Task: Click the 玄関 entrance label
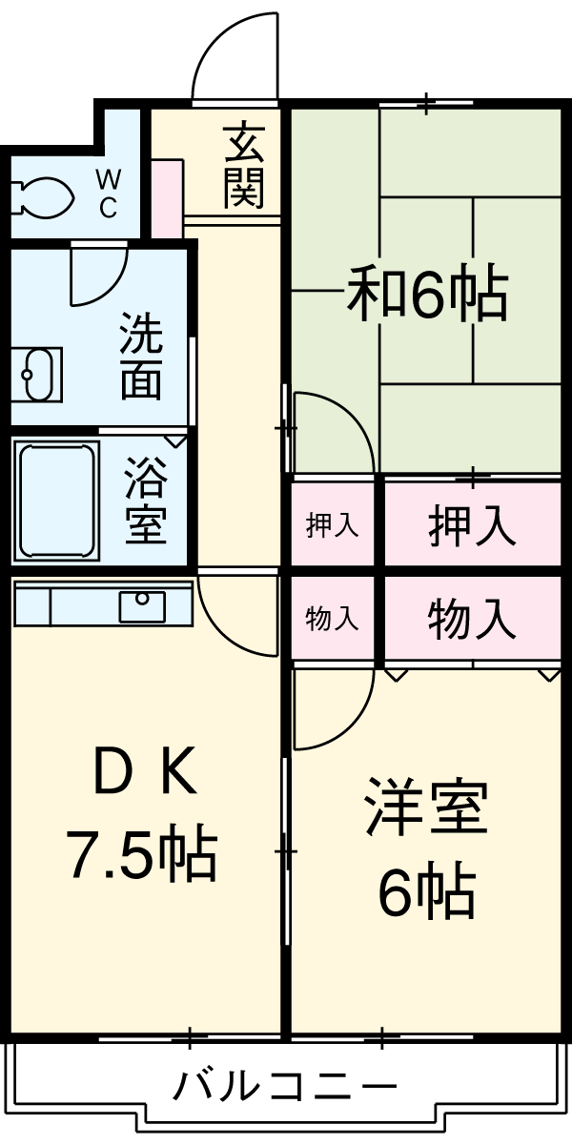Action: pos(244,166)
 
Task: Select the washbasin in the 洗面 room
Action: pos(35,375)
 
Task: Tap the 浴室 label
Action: pos(145,501)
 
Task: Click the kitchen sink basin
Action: pos(142,604)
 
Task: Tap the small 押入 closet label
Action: pos(332,525)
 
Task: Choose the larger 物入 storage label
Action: pos(473,619)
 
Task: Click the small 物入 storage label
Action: pos(332,619)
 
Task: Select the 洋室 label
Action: pos(426,808)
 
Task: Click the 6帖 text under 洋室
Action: pos(426,892)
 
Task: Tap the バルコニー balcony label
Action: pos(285,1086)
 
